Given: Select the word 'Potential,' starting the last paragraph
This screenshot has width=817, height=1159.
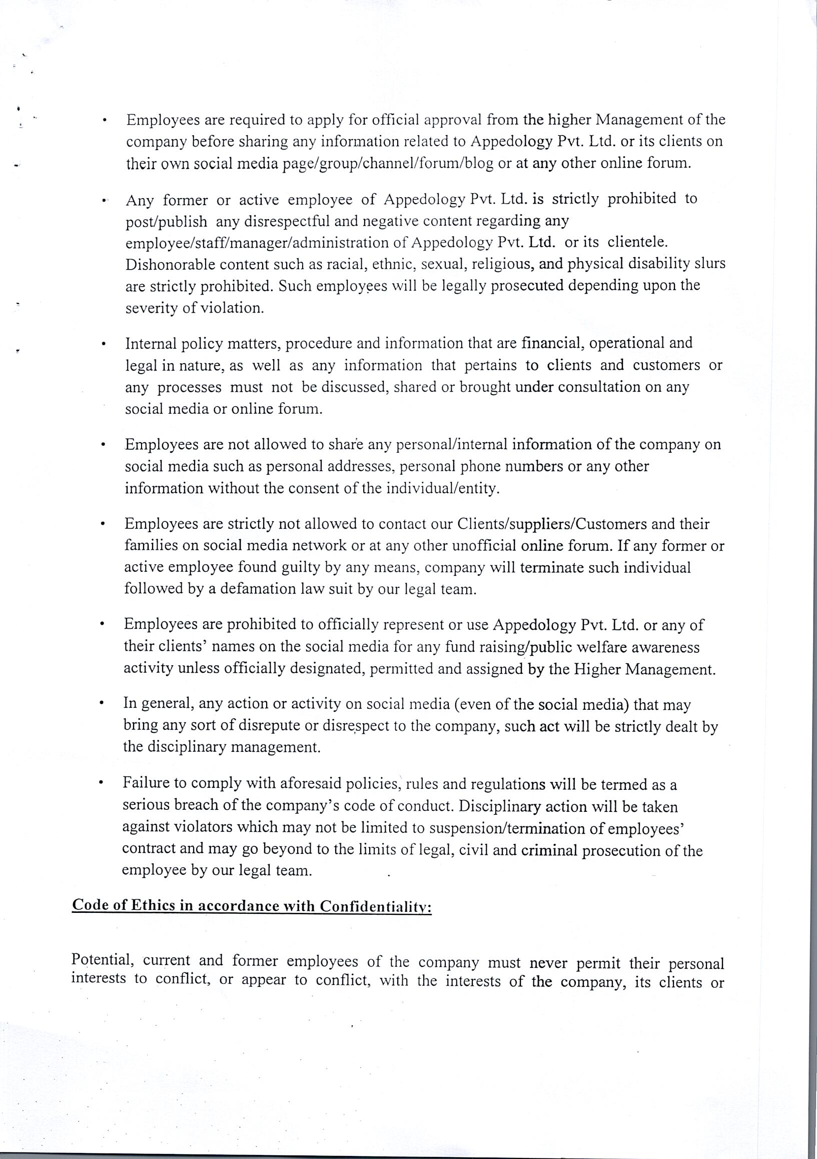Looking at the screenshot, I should tap(103, 960).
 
